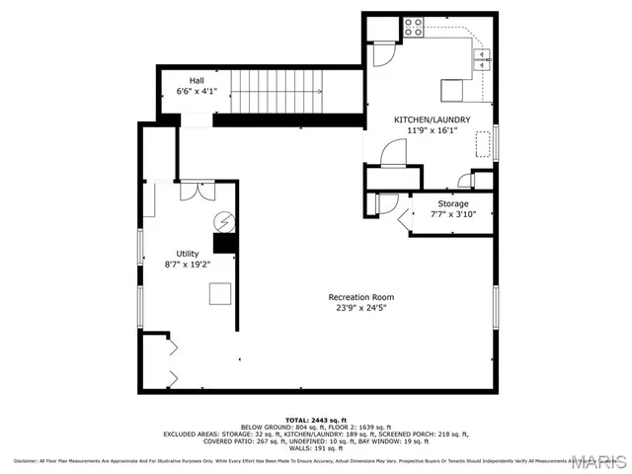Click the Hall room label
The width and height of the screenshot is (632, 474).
197,79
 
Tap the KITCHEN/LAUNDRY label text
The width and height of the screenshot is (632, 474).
432,119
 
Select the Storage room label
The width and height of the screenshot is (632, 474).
453,203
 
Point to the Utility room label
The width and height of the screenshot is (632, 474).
187,253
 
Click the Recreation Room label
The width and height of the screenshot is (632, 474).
361,296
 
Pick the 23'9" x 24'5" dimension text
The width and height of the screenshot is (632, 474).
361,307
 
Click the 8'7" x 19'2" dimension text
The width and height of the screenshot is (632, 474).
187,264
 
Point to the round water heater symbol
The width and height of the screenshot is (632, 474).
225,219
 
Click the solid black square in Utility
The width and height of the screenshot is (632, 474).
226,244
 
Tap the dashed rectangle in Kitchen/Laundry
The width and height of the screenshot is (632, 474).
484,145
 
